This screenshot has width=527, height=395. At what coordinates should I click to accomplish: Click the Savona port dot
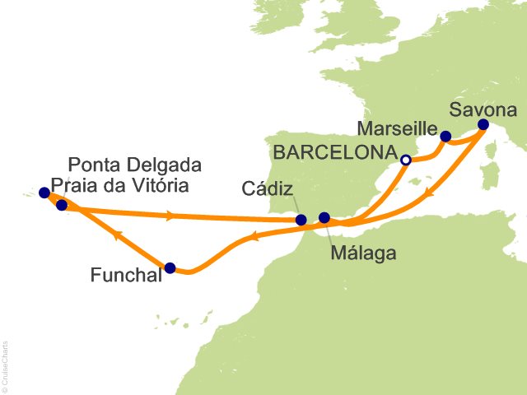point(483,125)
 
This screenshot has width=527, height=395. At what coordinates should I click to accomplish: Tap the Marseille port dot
point(445,137)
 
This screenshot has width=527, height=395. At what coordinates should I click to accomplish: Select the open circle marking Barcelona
point(405,160)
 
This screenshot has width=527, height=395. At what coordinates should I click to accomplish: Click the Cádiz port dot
point(301,220)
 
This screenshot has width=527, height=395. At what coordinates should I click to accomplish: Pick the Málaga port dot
point(324,218)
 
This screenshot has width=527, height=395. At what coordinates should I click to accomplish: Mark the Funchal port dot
point(170,267)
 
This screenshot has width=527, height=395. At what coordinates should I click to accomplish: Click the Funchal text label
point(124,275)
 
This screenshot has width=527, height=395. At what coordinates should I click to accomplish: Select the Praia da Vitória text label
point(120,185)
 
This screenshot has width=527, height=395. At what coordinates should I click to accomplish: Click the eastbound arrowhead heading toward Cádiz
point(170,216)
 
